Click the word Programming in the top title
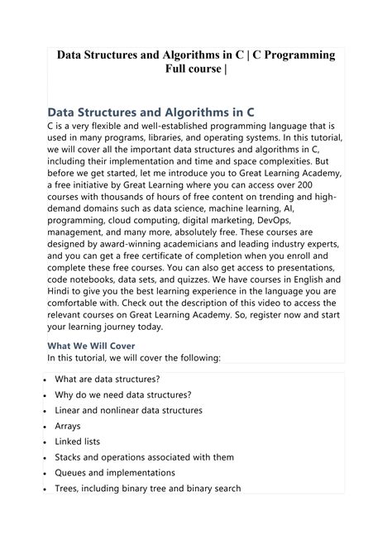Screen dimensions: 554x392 294,55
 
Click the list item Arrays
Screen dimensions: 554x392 69,426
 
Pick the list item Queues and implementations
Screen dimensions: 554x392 115,473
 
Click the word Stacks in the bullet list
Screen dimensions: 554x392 70,457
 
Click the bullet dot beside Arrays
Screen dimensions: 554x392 41,427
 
